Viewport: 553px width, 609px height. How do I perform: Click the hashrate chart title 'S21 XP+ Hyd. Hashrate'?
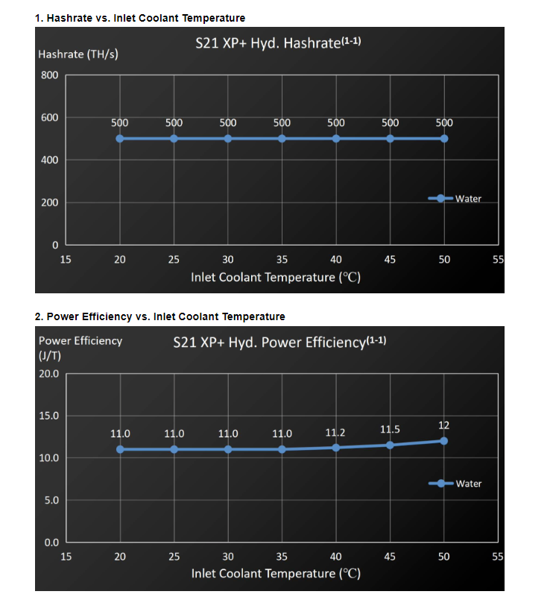pyautogui.click(x=278, y=43)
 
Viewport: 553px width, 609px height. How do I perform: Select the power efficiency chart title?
pyautogui.click(x=279, y=343)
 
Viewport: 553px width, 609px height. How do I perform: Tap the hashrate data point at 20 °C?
pyautogui.click(x=120, y=139)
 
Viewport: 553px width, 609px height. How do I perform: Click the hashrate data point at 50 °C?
pyautogui.click(x=444, y=139)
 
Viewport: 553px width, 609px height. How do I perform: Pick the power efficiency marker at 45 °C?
pyautogui.click(x=390, y=445)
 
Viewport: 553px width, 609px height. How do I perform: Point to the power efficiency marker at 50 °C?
pyautogui.click(x=444, y=441)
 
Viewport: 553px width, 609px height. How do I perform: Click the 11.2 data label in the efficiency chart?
pyautogui.click(x=335, y=433)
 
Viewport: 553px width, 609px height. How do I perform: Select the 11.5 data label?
pyautogui.click(x=390, y=429)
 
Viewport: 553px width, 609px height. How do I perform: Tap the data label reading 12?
pyautogui.click(x=443, y=425)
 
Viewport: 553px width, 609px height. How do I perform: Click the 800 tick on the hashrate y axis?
pyautogui.click(x=50, y=75)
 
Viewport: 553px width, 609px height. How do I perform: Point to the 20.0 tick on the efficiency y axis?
pyautogui.click(x=48, y=373)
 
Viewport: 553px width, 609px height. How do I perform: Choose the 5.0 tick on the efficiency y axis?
pyautogui.click(x=50, y=500)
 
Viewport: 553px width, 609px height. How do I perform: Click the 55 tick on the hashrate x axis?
pyautogui.click(x=499, y=260)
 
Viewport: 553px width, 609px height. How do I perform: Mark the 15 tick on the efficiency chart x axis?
pyautogui.click(x=66, y=556)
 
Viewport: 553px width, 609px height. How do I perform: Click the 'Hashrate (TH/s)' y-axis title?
pyautogui.click(x=78, y=54)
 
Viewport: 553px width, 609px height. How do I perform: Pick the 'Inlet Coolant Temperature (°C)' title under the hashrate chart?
pyautogui.click(x=276, y=278)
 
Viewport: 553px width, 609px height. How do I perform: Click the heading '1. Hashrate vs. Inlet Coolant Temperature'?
pyautogui.click(x=140, y=17)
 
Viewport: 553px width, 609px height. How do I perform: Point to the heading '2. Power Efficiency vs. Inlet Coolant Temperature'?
pyautogui.click(x=159, y=316)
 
